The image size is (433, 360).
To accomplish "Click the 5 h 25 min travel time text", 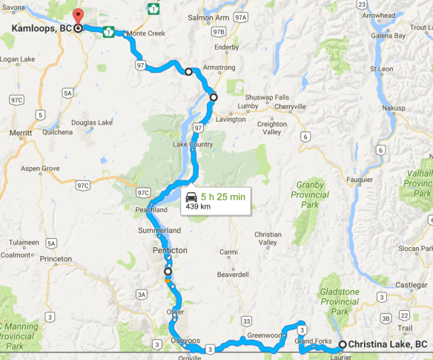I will point(222,197).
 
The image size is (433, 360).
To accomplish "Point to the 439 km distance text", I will point(197,207).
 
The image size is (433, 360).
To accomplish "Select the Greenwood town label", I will point(265,335).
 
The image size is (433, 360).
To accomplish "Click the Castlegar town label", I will point(411,285).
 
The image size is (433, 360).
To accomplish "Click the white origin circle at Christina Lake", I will point(343,344).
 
